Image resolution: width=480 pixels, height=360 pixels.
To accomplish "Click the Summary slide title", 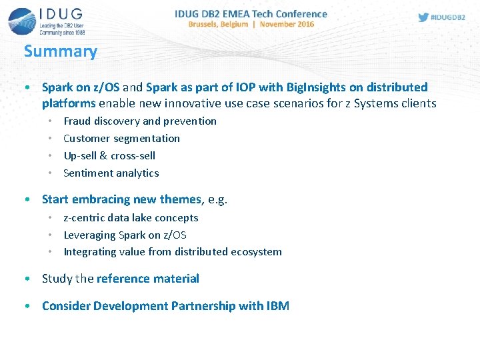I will (x=61, y=51).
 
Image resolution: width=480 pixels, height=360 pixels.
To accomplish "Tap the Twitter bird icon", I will (x=423, y=17).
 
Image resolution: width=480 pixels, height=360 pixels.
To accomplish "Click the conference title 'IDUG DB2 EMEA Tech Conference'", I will (x=251, y=13).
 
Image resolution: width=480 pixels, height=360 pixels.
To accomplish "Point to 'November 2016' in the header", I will (x=287, y=24).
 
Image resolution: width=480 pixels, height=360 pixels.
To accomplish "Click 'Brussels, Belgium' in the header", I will (x=218, y=24).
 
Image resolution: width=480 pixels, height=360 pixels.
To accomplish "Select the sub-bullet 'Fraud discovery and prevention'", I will (x=139, y=121).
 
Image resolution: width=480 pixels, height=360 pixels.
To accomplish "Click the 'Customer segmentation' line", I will (x=121, y=138).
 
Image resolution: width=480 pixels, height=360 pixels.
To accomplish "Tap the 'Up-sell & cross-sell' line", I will (x=109, y=155).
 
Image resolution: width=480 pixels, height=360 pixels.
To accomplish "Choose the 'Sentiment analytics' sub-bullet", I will (x=111, y=173).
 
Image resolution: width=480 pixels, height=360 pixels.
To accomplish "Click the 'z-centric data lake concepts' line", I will (x=131, y=217).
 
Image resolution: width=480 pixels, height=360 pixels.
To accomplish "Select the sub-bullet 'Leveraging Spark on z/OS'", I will (x=125, y=235).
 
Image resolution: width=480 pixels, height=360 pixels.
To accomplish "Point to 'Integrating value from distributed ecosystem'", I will (x=172, y=252).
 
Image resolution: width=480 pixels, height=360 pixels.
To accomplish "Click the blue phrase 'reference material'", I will (x=147, y=279).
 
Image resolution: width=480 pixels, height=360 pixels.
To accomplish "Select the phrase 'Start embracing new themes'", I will (x=121, y=199).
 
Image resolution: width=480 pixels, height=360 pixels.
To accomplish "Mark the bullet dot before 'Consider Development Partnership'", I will (x=26, y=306).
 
